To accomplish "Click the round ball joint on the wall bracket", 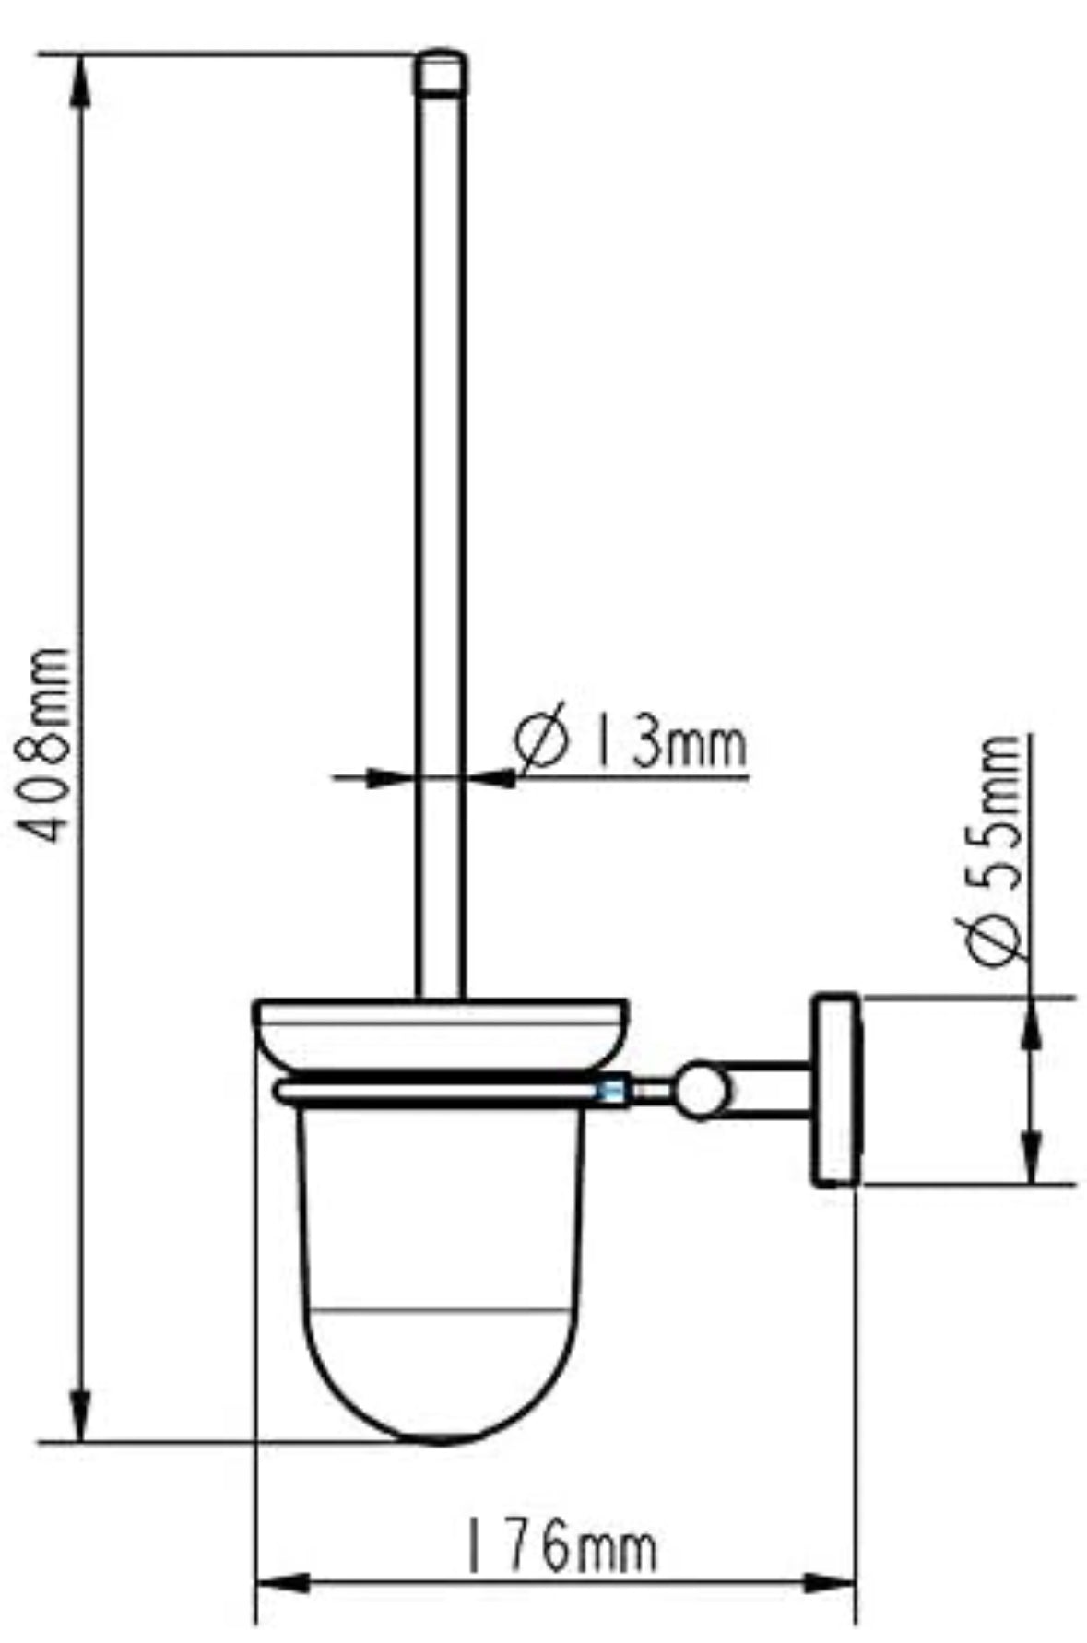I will [x=703, y=1091].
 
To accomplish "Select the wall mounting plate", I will [x=834, y=1090].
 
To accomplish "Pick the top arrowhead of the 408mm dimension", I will [x=81, y=78].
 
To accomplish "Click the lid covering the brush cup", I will [x=441, y=1031].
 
